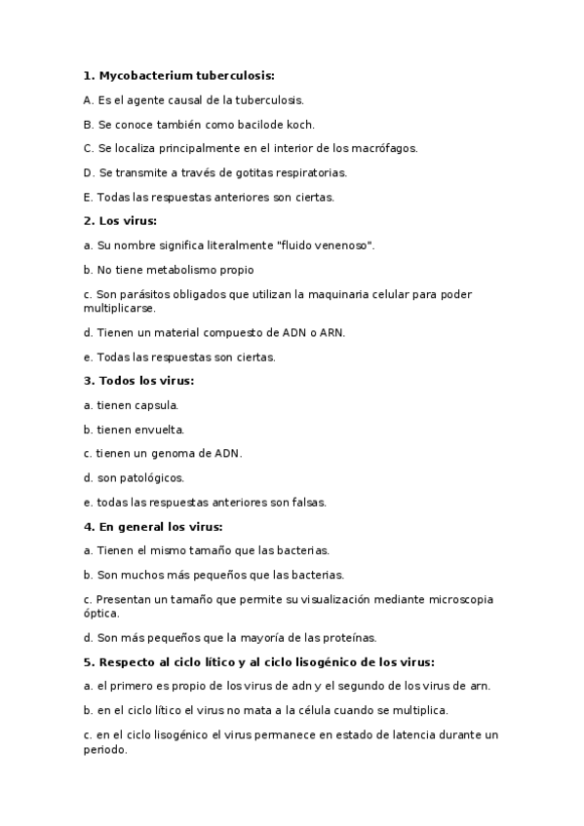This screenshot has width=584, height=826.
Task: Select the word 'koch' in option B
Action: click(x=300, y=124)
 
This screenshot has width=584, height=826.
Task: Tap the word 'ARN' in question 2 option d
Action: click(x=333, y=332)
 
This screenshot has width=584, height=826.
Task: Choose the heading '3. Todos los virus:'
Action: click(x=138, y=381)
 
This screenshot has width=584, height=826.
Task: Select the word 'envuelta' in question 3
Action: click(x=160, y=430)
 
